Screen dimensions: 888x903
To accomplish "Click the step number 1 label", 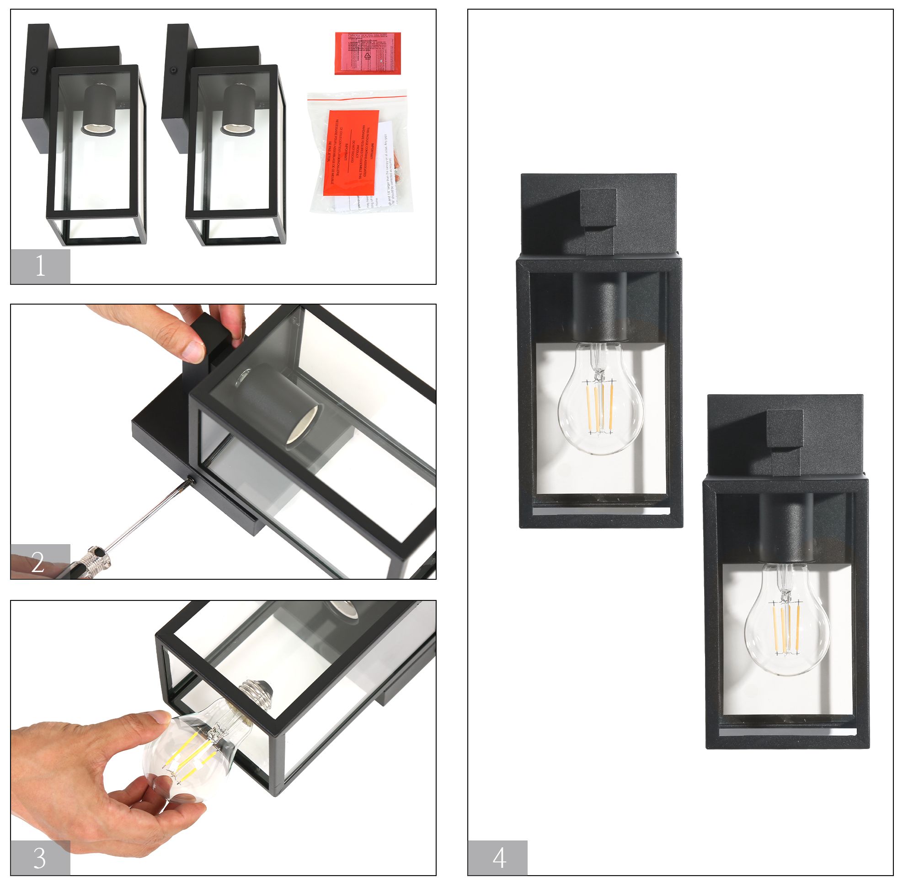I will pos(40,266).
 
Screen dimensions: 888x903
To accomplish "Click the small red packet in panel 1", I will pos(368,53).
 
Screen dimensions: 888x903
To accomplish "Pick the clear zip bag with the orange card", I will pos(359,151).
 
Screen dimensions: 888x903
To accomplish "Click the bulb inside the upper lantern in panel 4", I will pos(600,396).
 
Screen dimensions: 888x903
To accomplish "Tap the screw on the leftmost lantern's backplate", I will pos(33,70).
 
